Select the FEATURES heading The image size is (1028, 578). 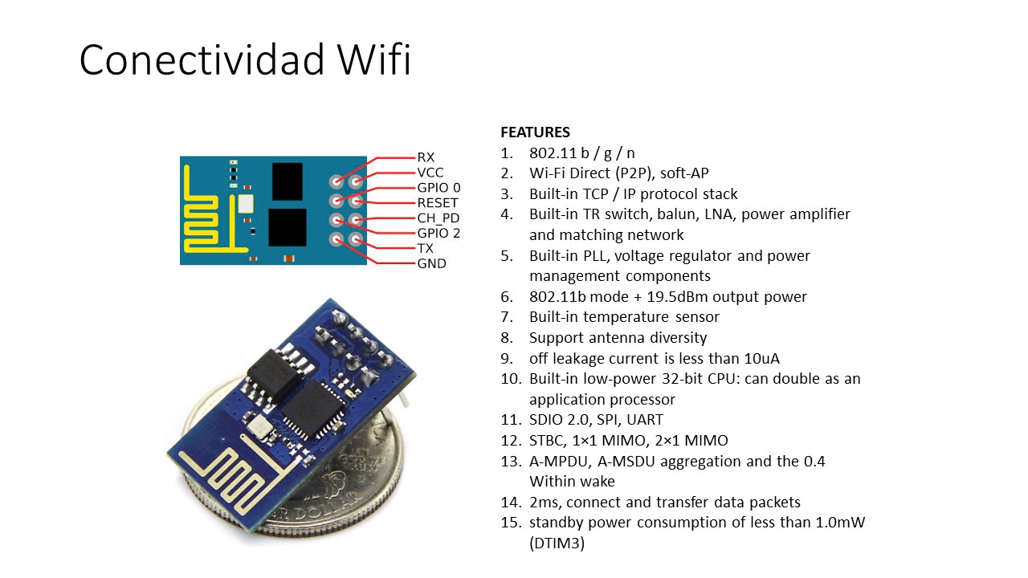(x=535, y=132)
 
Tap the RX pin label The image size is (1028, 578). (x=426, y=157)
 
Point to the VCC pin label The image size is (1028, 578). (x=430, y=173)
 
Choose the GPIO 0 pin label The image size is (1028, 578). (x=439, y=188)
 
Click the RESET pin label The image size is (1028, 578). (x=438, y=203)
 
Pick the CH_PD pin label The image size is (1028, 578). (x=439, y=218)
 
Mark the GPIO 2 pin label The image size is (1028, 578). (x=439, y=234)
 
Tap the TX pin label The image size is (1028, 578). (x=425, y=249)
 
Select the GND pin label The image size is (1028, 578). (x=431, y=263)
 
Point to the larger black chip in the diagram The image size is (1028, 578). (x=287, y=227)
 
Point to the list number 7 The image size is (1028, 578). (x=507, y=318)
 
